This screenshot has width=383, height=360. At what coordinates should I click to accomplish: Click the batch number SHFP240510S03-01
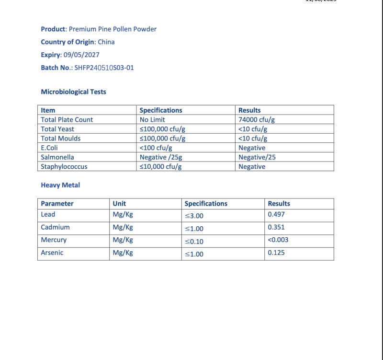(x=104, y=68)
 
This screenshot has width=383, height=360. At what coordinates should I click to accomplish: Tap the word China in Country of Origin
(x=106, y=42)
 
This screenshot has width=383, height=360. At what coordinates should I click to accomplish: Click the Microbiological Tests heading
(x=74, y=92)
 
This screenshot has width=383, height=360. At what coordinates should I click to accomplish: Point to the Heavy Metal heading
(x=60, y=185)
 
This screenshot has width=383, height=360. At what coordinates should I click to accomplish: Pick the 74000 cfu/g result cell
(x=256, y=119)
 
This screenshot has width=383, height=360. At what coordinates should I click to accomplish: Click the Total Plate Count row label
(x=67, y=119)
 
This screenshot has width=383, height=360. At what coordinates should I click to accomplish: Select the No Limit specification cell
(x=152, y=119)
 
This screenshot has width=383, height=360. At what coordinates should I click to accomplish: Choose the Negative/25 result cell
(x=257, y=157)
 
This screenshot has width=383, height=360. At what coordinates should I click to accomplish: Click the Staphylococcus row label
(x=64, y=167)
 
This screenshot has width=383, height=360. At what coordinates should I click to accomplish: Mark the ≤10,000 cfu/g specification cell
(x=161, y=167)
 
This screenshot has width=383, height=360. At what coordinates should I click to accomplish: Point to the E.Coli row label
(x=50, y=148)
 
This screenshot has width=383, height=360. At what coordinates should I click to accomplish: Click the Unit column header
(x=119, y=203)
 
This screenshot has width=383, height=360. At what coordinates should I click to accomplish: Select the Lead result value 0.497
(x=276, y=214)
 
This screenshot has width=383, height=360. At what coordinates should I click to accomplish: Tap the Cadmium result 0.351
(x=276, y=227)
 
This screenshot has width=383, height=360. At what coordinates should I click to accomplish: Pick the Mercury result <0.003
(x=278, y=240)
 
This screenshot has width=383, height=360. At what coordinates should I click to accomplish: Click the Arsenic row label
(x=52, y=253)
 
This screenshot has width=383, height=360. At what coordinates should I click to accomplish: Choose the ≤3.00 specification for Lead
(x=194, y=216)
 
